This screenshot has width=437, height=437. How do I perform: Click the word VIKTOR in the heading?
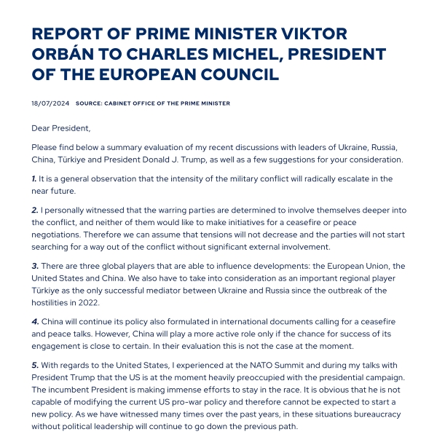(311, 34)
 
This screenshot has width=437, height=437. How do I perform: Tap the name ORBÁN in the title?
(64, 55)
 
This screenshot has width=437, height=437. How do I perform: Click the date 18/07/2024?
(50, 103)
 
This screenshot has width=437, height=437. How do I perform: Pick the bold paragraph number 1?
(34, 178)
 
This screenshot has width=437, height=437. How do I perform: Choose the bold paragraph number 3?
(34, 267)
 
